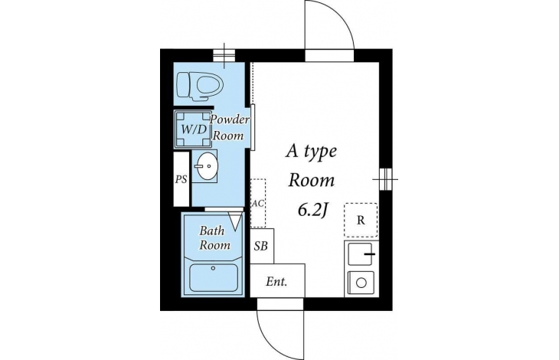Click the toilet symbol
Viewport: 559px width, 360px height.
pos(200,85)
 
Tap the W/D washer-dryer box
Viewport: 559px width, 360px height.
pos(193,129)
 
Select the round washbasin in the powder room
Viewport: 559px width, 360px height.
pos(205,166)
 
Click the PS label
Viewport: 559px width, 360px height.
pos(181,179)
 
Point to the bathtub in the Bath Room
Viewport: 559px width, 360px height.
pos(214,277)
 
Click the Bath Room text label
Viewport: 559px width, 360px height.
pos(214,237)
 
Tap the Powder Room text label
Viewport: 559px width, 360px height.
pos(229,127)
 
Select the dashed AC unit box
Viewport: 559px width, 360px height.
pos(258,203)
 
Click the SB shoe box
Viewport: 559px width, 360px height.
pos(262,246)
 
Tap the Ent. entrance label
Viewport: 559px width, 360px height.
pos(276,282)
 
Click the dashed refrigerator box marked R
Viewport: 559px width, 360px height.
pos(361,220)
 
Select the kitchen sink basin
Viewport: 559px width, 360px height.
pos(360,254)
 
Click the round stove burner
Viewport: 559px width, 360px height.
pos(361,283)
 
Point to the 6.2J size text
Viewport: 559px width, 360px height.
pos(312,211)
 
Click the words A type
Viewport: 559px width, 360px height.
pos(311,152)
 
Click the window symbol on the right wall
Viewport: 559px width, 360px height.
pos(385,179)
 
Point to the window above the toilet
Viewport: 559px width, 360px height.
pos(224,55)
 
